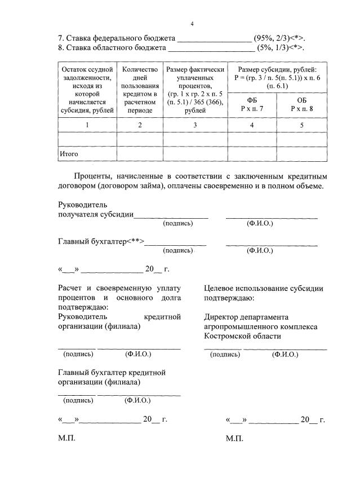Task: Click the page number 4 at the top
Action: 192,24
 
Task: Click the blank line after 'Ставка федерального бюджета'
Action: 214,39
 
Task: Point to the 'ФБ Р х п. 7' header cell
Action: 252,104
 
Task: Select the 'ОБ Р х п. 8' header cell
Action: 301,104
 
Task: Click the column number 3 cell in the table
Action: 195,125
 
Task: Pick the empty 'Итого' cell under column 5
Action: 301,153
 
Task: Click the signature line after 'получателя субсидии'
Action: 171,215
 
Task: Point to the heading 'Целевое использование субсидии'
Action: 264,288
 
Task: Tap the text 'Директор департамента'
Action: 246,317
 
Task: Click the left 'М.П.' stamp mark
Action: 66,438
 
